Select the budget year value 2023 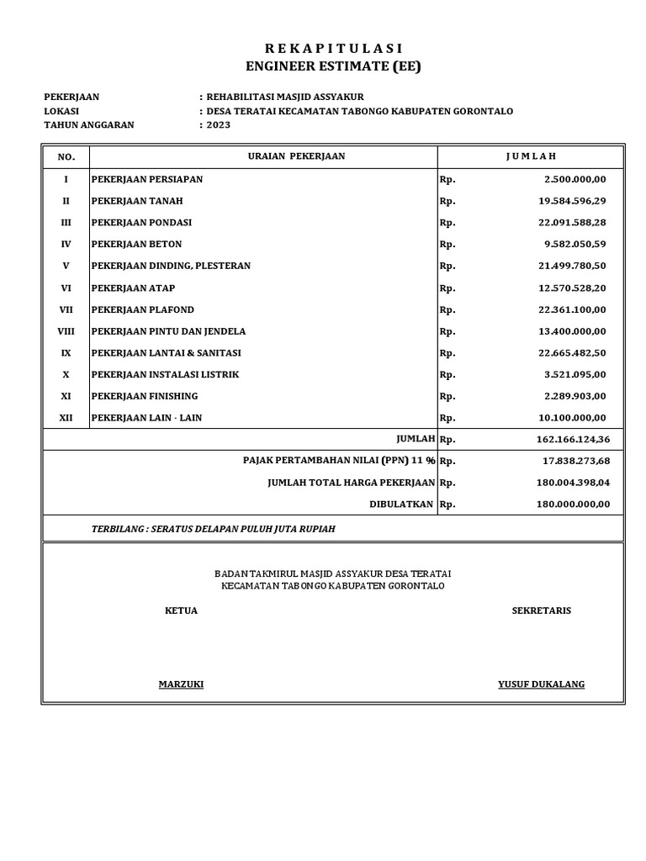(218, 125)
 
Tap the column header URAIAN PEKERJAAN (296, 156)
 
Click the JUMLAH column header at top (531, 156)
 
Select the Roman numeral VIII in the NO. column (66, 331)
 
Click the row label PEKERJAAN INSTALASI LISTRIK (165, 374)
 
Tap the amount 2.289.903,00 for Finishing (575, 396)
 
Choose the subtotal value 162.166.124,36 (572, 439)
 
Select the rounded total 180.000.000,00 (572, 504)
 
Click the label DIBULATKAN (401, 504)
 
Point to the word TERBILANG (116, 529)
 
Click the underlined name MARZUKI (181, 684)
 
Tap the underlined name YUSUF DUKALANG (541, 684)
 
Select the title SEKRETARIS (541, 610)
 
